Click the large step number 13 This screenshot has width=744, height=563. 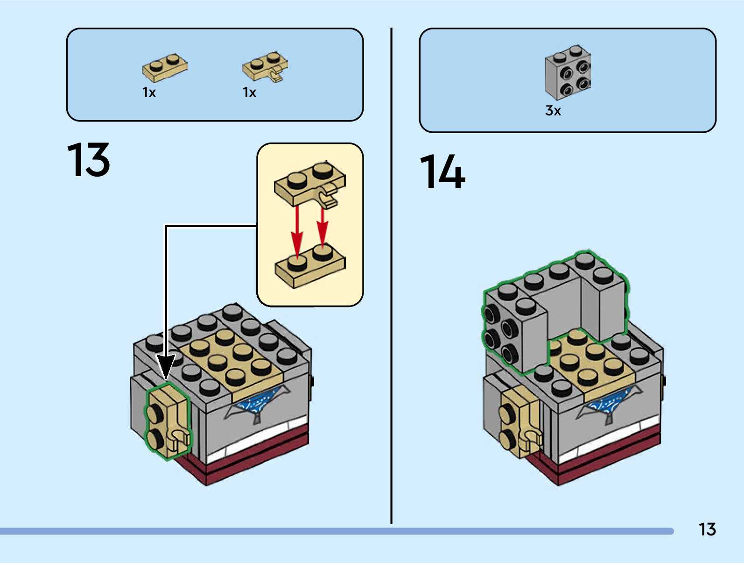point(89,160)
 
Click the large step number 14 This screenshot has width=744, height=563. point(442,172)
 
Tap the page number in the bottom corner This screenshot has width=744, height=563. point(707,529)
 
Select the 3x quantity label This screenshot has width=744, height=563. point(553,111)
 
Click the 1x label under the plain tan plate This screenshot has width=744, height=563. point(149,93)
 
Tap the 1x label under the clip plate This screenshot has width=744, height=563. point(250,93)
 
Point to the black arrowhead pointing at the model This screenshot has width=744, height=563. point(165,367)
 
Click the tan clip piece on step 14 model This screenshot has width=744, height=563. point(520,423)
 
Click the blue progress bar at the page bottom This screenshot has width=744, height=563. point(336,531)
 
